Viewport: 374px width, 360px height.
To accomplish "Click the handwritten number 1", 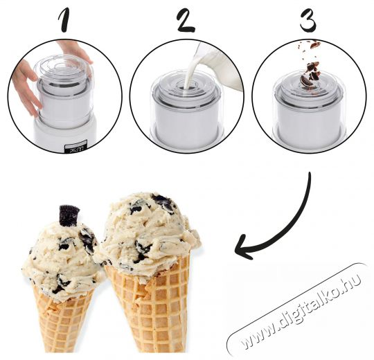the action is pos(65,20).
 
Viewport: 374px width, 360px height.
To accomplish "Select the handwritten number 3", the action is pos(308,20).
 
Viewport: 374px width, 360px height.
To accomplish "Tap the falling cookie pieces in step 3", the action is pos(310,66).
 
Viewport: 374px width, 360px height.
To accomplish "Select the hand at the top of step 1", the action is pos(74,51).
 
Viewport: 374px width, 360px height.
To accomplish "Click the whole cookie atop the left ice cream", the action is pos(69,215).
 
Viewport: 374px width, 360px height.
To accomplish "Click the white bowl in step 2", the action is pos(187,119).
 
